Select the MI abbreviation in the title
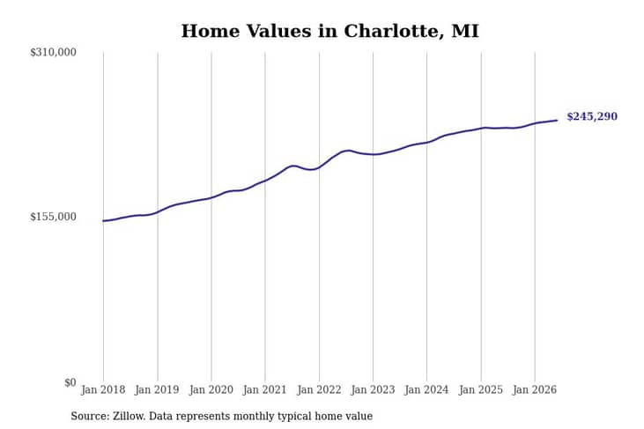tap(465, 31)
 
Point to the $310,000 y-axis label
tap(53, 52)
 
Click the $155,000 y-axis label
tap(53, 217)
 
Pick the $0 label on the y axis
tap(70, 382)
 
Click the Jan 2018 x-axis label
tap(103, 389)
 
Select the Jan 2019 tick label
tap(157, 389)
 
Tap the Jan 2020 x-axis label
tap(211, 389)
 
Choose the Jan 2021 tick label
tap(264, 389)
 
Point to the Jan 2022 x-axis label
tap(319, 389)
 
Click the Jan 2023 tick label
tap(373, 389)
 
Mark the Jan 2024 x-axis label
tap(426, 389)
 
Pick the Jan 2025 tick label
tap(481, 389)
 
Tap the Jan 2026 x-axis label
tap(535, 389)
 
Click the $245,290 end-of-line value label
tap(592, 116)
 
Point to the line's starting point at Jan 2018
tap(103, 221)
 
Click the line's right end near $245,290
tap(557, 121)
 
